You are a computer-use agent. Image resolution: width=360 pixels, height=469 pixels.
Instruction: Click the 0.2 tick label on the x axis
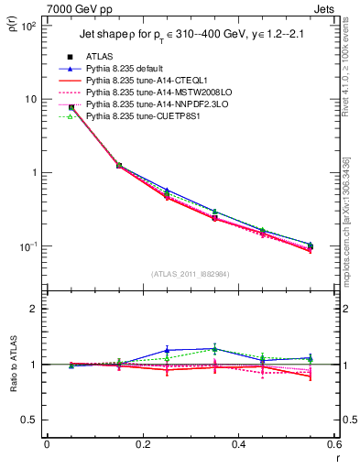pyautogui.click(x=143, y=443)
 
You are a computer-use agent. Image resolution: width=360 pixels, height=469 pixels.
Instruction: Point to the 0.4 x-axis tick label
pyautogui.click(x=239, y=443)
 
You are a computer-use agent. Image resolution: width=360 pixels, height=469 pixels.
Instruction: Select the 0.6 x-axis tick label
pyautogui.click(x=334, y=443)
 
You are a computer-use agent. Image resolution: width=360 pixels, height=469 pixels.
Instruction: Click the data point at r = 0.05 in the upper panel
pyautogui.click(x=71, y=107)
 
